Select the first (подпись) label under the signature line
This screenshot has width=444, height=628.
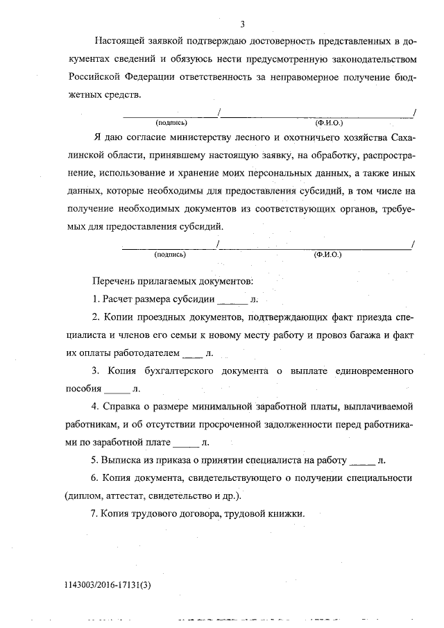(171, 123)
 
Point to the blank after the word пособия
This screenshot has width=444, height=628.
(116, 389)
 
